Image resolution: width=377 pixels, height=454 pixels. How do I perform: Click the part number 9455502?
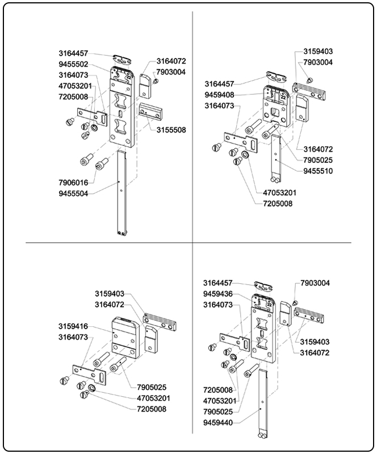click(73, 64)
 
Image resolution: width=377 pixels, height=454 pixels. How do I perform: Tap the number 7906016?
click(73, 183)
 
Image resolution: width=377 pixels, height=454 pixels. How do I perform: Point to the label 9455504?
click(73, 194)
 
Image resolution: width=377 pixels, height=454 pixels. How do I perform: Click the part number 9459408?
click(220, 95)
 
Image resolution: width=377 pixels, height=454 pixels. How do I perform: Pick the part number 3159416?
click(73, 326)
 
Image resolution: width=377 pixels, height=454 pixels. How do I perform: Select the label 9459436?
click(218, 294)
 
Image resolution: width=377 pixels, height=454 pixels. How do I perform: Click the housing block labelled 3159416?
click(125, 339)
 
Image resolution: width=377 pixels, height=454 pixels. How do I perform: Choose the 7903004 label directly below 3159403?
click(318, 62)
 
